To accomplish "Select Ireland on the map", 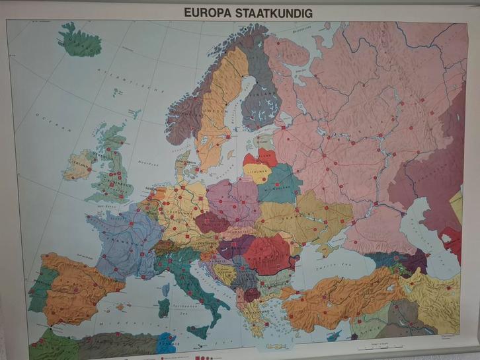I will (80, 164).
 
